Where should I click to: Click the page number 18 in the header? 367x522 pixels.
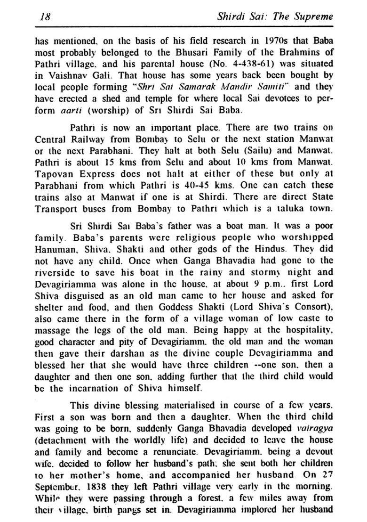[46, 16]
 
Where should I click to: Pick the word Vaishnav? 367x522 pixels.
[68, 74]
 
